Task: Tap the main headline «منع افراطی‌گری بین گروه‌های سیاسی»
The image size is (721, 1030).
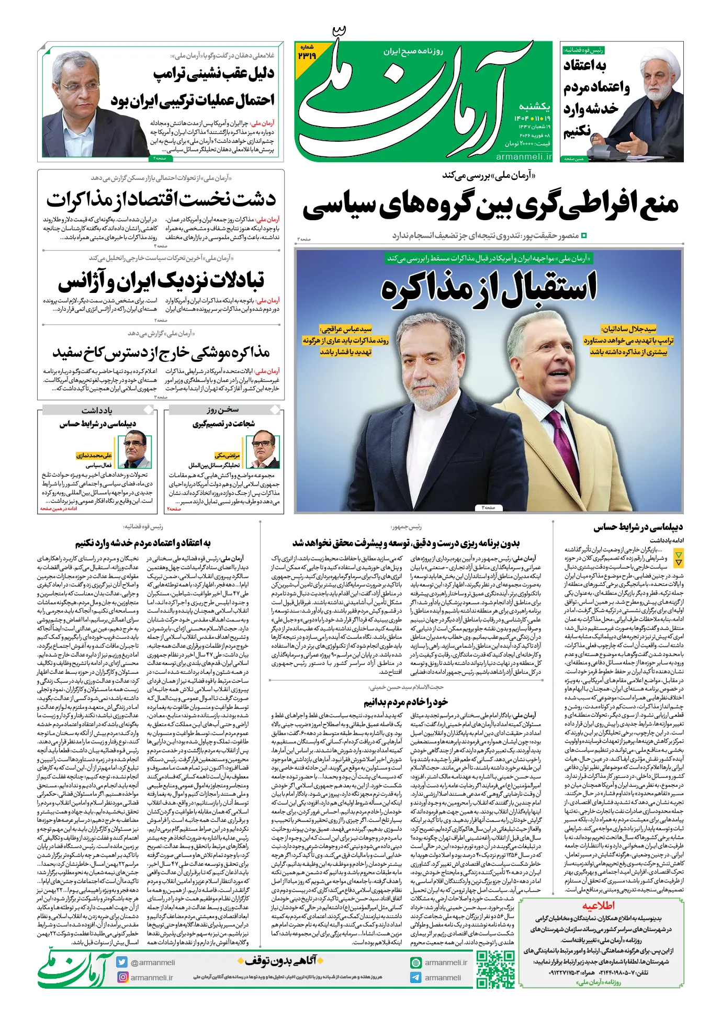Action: coord(490,205)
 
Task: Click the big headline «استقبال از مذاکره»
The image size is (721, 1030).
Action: coord(489,287)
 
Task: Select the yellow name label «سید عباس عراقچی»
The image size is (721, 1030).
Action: coord(346,329)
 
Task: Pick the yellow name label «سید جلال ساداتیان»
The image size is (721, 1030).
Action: coord(628,329)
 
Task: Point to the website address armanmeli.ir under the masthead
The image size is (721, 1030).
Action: coord(524,156)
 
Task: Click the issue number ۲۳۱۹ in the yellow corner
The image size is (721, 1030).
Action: coord(307,54)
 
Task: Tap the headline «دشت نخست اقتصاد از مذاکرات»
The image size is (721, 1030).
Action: coord(161,200)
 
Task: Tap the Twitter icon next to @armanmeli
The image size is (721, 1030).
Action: coord(122,962)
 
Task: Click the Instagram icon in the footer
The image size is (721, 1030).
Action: coord(122,977)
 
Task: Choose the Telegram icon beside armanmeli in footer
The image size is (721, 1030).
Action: coord(416,977)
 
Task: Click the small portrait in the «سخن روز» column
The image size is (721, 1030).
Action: coord(263,449)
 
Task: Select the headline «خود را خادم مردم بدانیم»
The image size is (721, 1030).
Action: coord(405,701)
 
